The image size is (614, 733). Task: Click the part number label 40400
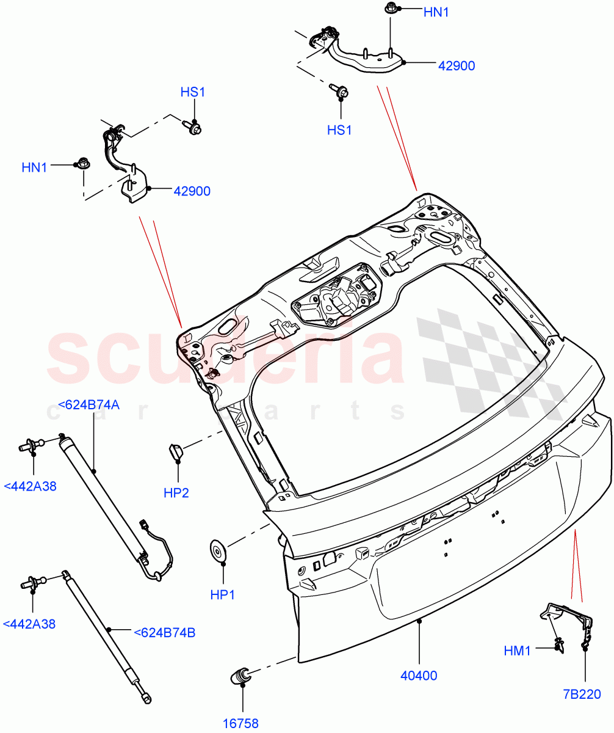419,676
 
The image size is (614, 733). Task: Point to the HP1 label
223,594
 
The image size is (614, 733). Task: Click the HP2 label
176,492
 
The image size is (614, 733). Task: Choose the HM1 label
518,651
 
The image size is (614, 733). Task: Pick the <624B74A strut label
88,404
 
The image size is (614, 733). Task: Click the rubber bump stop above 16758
241,676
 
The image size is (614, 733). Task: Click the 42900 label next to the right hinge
456,66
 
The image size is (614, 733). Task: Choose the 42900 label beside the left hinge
192,191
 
